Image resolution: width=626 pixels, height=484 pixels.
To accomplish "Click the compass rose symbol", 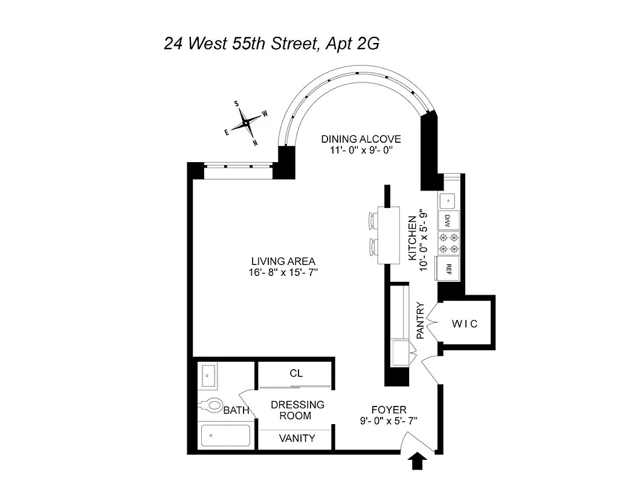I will [x=247, y=123].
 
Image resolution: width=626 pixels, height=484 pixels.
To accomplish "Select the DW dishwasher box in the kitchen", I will [x=448, y=218].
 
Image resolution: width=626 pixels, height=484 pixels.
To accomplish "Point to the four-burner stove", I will [x=448, y=243].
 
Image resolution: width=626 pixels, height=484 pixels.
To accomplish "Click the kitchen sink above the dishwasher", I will [x=448, y=198].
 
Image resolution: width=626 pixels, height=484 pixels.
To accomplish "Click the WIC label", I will [x=465, y=324].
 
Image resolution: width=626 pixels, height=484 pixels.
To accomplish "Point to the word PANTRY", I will [x=422, y=320].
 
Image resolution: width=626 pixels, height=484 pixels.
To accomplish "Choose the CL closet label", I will [x=295, y=373].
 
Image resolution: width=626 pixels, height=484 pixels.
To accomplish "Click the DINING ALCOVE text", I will [x=361, y=139].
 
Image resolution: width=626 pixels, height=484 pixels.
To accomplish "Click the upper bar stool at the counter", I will [x=372, y=220].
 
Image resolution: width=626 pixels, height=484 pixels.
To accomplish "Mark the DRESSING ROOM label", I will [x=297, y=410].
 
